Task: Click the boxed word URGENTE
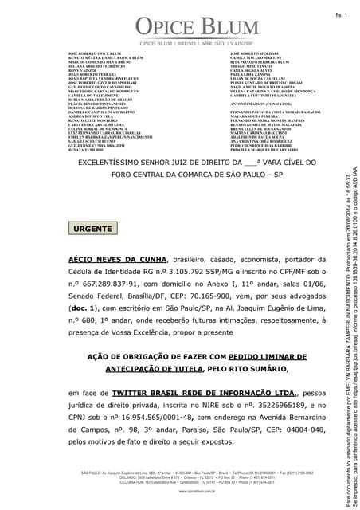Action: pyautogui.click(x=92, y=229)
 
